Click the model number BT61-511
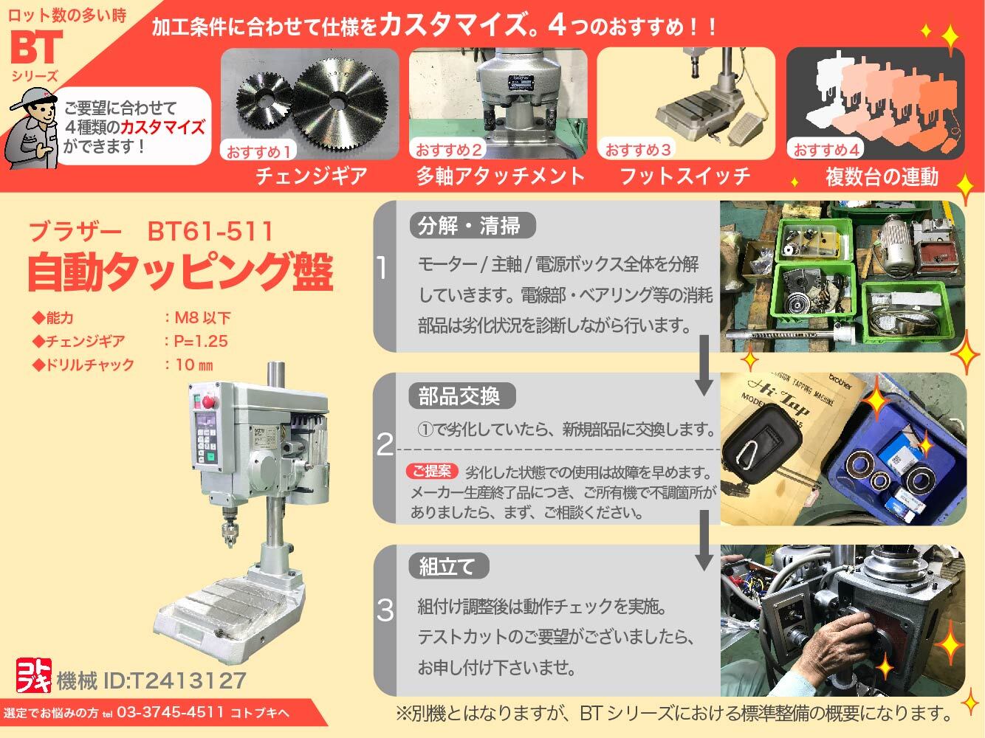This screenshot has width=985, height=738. pyautogui.click(x=210, y=232)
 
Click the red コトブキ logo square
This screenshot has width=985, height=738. pyautogui.click(x=33, y=675)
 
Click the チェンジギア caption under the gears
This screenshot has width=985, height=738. pyautogui.click(x=311, y=176)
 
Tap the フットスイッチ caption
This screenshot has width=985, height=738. pyautogui.click(x=684, y=176)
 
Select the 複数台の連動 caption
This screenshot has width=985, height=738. pyautogui.click(x=881, y=176)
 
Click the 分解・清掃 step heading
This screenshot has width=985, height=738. pyautogui.click(x=469, y=225)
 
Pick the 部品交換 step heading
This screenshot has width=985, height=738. pyautogui.click(x=459, y=396)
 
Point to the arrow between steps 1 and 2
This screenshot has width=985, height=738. pyautogui.click(x=704, y=365)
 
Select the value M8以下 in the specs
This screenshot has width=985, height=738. pyautogui.click(x=202, y=318)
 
